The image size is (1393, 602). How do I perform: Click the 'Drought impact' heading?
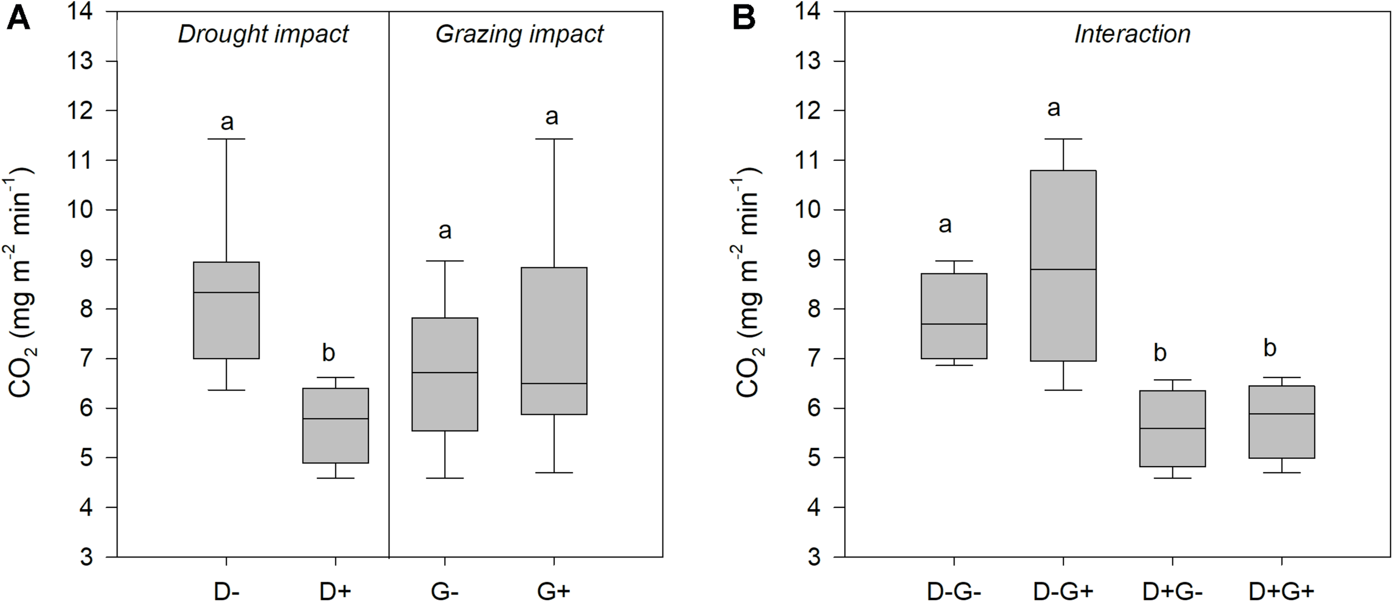[x=263, y=35]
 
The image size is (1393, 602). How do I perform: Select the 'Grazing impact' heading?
[x=519, y=35]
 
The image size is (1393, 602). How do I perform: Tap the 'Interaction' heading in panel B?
[x=1132, y=35]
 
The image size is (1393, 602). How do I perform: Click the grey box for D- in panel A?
[x=226, y=310]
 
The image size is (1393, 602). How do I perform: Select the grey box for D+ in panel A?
[x=335, y=425]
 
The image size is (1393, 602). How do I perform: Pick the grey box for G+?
[x=554, y=341]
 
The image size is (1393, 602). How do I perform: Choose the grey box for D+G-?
[x=1172, y=428]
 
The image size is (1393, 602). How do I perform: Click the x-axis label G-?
[x=445, y=591]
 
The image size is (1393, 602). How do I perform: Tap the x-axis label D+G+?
[x=1282, y=591]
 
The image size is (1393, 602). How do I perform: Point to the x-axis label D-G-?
[x=954, y=591]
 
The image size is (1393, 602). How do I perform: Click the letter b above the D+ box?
[x=329, y=353]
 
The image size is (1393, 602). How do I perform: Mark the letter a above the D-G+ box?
[x=1053, y=108]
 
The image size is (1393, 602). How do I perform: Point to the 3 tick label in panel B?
[x=815, y=557]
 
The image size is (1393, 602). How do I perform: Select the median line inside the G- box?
[x=445, y=372]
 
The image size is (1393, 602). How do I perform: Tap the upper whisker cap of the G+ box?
[x=554, y=139]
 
